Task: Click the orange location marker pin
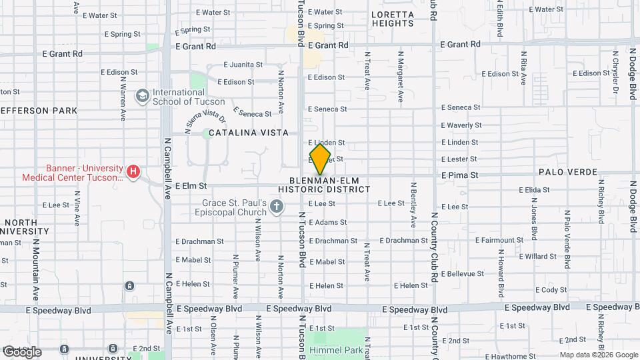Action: (321, 159)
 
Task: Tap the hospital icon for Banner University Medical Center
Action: (133, 172)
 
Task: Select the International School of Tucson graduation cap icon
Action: (141, 97)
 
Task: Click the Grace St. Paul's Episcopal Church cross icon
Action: (277, 207)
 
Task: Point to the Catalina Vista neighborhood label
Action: (249, 133)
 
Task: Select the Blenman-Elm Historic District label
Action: (329, 185)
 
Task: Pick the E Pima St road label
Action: (460, 175)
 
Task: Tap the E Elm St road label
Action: (191, 186)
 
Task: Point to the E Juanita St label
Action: (243, 65)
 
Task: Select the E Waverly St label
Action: (461, 125)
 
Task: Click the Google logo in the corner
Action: (22, 352)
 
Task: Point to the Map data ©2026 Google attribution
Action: (599, 355)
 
